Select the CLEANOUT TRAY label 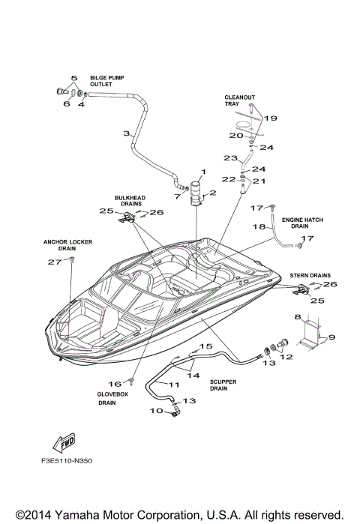[235, 100]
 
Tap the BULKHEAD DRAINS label [128, 201]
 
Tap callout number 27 [52, 262]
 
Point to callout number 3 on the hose [127, 133]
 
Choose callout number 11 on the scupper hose [173, 384]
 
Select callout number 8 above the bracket [297, 317]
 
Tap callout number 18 [257, 226]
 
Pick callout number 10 [157, 410]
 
